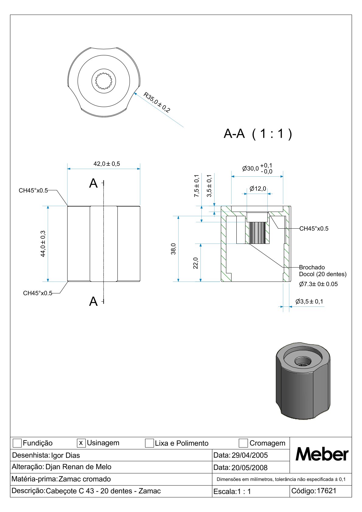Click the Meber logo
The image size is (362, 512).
(322, 455)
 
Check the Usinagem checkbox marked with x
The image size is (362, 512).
(81, 443)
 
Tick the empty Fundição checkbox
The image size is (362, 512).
(17, 443)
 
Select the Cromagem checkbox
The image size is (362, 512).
(243, 443)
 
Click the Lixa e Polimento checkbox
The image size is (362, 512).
(149, 443)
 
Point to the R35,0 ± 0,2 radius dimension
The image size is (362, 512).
(157, 102)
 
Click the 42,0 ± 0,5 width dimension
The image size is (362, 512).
(106, 164)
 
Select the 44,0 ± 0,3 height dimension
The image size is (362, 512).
(43, 244)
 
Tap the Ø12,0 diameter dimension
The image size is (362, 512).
(258, 189)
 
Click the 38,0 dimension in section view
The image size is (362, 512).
(173, 249)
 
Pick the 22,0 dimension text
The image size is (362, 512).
(196, 263)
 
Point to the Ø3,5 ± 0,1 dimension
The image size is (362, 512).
(309, 302)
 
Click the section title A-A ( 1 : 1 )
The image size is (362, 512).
(258, 133)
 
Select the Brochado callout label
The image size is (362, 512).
(312, 267)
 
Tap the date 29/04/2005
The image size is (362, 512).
(249, 455)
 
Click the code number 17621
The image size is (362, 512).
(326, 491)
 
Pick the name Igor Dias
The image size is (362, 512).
(65, 455)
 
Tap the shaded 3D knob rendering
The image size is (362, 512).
(303, 382)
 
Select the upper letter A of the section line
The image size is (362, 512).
(93, 183)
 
